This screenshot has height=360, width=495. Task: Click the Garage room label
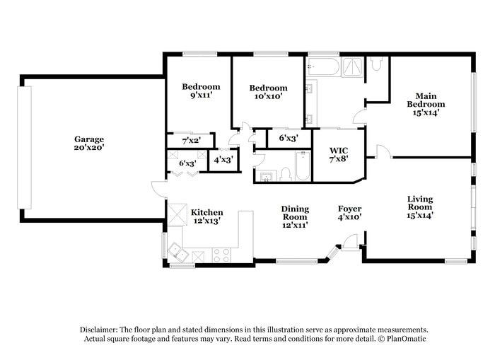89,139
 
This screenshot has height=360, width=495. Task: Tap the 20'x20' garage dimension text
89,149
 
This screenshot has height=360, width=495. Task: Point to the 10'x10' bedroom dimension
268,98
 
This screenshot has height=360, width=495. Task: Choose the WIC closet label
338,150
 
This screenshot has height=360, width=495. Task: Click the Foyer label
349,209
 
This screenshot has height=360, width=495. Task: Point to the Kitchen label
206,212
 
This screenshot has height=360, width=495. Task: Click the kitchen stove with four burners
221,255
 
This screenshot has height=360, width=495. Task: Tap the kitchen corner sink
177,253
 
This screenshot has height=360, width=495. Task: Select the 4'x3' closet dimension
223,159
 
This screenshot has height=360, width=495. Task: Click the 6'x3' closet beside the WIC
288,139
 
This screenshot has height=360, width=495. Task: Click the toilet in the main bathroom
376,65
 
